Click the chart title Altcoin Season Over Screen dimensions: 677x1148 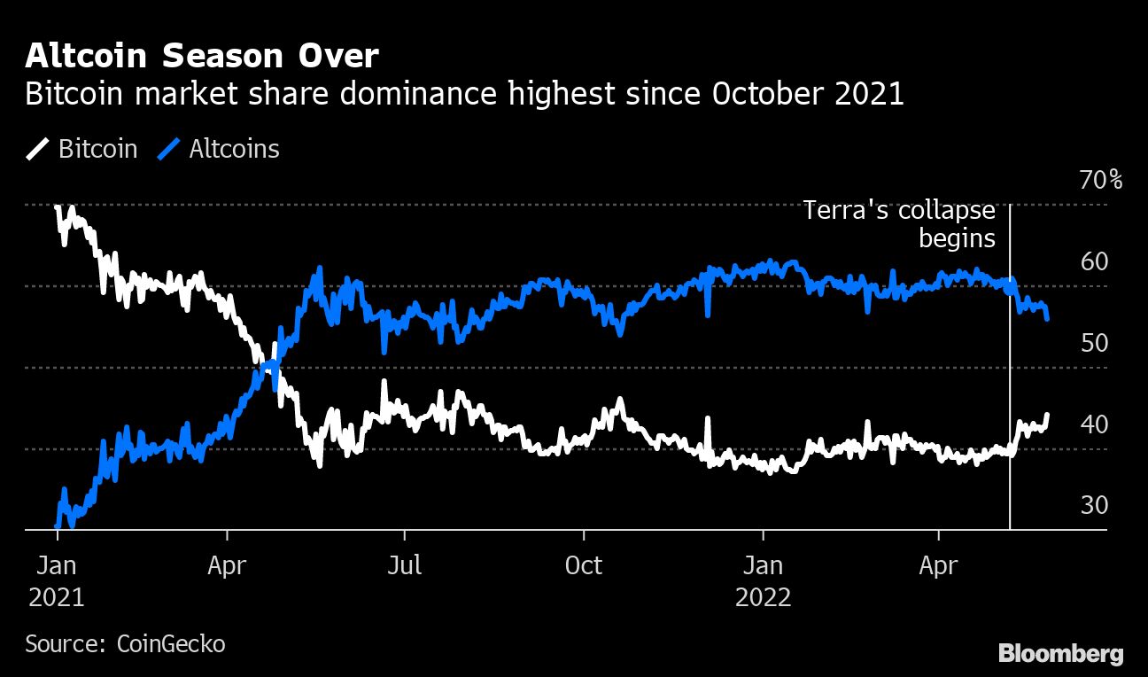click(x=202, y=57)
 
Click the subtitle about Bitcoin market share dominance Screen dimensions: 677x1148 click(x=464, y=94)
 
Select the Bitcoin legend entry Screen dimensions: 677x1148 click(x=82, y=149)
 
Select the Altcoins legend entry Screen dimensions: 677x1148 click(x=219, y=149)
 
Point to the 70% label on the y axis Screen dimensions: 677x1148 click(x=1100, y=181)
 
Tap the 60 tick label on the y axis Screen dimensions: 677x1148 click(x=1095, y=262)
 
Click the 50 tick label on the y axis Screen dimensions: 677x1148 click(x=1095, y=343)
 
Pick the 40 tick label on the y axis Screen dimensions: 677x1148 click(x=1095, y=425)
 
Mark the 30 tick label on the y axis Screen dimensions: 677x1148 click(x=1095, y=506)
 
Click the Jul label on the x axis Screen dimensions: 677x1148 click(x=405, y=565)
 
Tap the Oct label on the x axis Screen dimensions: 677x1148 click(x=584, y=565)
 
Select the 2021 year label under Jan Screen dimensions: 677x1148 click(x=57, y=597)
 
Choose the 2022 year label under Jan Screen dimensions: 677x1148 click(x=763, y=597)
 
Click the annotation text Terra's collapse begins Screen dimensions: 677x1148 click(x=899, y=225)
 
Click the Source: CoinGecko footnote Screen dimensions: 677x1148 click(x=125, y=643)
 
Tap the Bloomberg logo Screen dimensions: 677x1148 click(x=1060, y=654)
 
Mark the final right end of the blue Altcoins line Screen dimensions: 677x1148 click(x=1048, y=318)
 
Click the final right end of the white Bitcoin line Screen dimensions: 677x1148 click(x=1048, y=415)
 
